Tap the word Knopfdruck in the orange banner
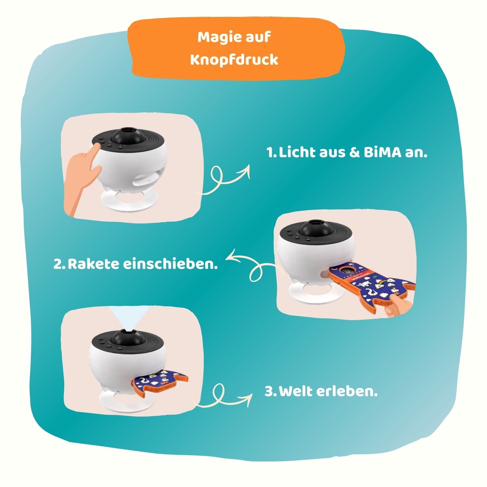click(234, 60)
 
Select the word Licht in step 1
click(296, 153)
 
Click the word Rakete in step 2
click(93, 264)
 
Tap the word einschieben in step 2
click(170, 264)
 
